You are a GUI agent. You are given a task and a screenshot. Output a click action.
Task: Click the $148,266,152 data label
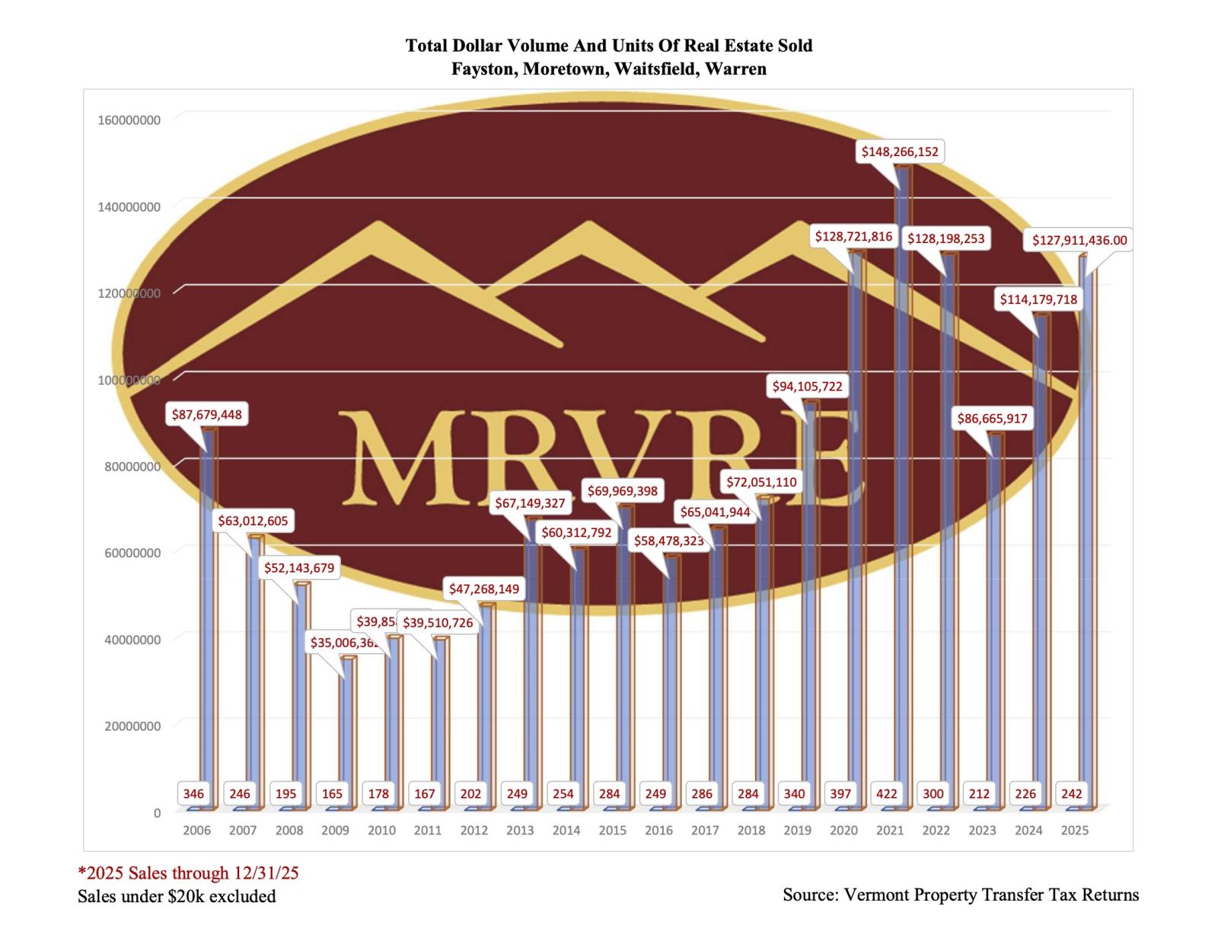click(x=900, y=152)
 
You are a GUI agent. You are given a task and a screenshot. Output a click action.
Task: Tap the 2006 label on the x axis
click(x=196, y=830)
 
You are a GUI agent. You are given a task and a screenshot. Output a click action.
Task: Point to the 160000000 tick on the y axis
click(x=129, y=120)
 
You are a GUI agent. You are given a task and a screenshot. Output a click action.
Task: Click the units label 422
click(x=887, y=793)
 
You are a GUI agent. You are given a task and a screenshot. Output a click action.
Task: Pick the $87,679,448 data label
click(x=206, y=415)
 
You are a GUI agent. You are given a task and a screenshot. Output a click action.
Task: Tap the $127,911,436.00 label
click(x=1079, y=241)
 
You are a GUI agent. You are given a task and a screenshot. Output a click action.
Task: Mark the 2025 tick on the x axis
click(x=1074, y=830)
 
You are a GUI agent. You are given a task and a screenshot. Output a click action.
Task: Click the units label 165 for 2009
click(x=332, y=793)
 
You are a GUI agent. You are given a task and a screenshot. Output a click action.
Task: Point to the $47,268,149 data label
click(x=483, y=589)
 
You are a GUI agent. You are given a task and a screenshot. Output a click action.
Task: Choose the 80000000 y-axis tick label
click(x=132, y=467)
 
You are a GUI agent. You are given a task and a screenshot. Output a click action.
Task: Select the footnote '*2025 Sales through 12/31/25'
click(x=188, y=872)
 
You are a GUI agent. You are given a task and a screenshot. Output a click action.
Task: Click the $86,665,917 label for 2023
click(x=992, y=419)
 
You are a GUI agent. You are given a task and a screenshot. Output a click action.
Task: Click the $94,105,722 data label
click(x=807, y=387)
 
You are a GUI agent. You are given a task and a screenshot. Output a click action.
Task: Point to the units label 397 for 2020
click(x=840, y=793)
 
